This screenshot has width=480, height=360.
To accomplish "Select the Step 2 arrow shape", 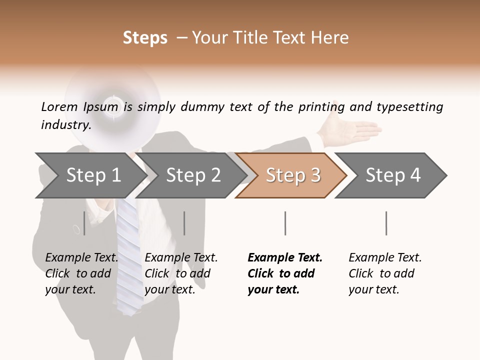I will [x=193, y=175].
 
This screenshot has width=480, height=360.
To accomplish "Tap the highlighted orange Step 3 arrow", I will [x=293, y=175].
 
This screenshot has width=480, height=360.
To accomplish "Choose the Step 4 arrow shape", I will [x=393, y=175].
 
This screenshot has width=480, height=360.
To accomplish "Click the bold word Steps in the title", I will [x=145, y=37].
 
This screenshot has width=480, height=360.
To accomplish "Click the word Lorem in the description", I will [x=59, y=106].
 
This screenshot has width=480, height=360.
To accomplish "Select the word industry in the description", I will [x=65, y=124].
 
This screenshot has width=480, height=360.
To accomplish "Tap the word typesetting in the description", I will [x=409, y=106].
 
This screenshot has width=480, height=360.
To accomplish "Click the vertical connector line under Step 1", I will [x=84, y=223].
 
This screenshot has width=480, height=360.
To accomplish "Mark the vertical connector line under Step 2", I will [x=184, y=223].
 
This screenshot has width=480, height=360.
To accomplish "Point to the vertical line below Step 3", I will [x=285, y=223].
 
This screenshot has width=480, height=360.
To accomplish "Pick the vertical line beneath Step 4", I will [x=386, y=223].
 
